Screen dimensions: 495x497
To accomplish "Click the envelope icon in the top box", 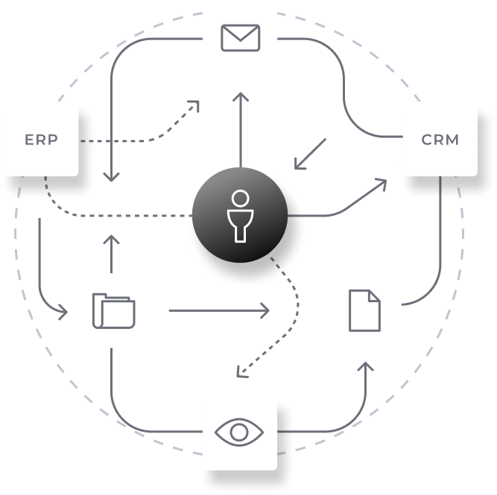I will point(240,38).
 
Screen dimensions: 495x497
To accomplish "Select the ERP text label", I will point(41,139).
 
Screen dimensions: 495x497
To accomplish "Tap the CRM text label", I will point(440,139).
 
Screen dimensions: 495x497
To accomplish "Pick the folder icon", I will point(114,310).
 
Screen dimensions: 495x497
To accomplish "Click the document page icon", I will point(364,310).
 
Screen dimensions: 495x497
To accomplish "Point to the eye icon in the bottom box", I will point(240,432).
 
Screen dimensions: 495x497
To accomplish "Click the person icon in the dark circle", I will point(239,216).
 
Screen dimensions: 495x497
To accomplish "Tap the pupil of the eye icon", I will point(240,432).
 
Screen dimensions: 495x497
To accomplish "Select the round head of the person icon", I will point(239,198).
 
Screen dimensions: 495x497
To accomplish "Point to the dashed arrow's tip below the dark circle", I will point(238,374).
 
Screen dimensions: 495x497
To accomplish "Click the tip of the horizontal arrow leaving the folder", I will point(268,310).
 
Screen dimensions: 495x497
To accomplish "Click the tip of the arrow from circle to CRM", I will point(386,181).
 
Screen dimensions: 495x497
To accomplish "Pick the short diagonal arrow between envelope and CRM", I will point(309,153).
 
